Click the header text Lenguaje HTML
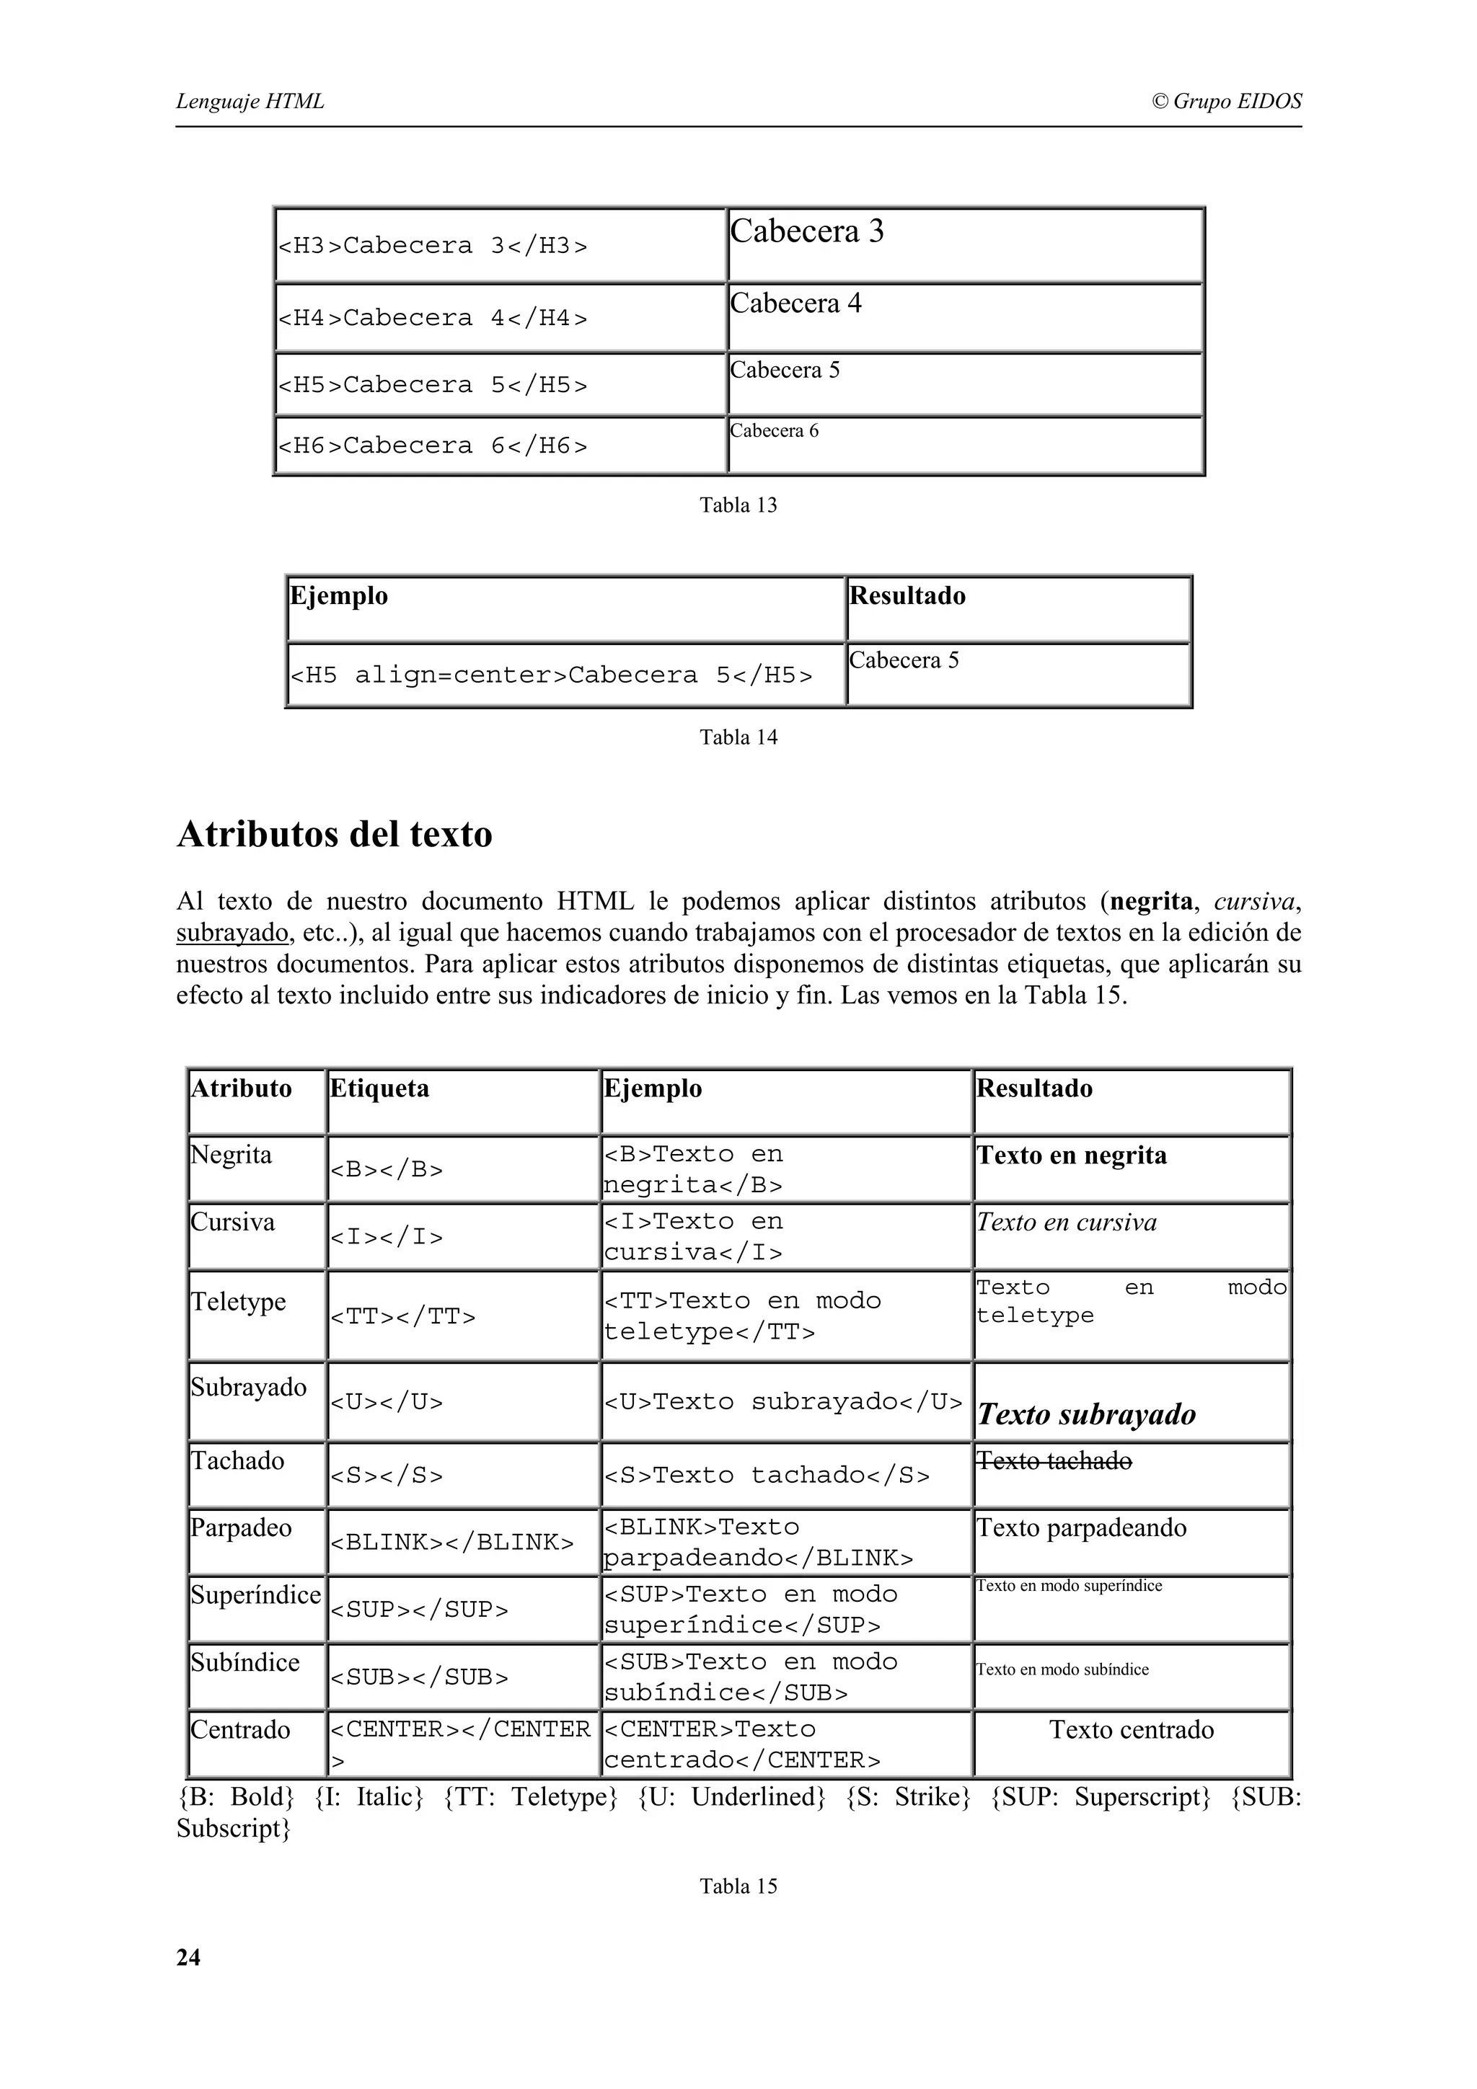[250, 101]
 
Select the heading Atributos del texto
[334, 834]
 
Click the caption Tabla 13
[738, 505]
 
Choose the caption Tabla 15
[738, 1886]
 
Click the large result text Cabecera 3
[806, 231]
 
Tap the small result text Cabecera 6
[774, 430]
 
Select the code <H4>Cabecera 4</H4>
[433, 318]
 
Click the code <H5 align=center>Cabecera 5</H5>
[550, 675]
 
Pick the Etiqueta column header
[379, 1088]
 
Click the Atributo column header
[241, 1088]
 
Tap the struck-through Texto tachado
[1054, 1460]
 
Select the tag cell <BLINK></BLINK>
[452, 1542]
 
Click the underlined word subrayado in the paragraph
[232, 933]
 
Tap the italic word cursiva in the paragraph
[1254, 902]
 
